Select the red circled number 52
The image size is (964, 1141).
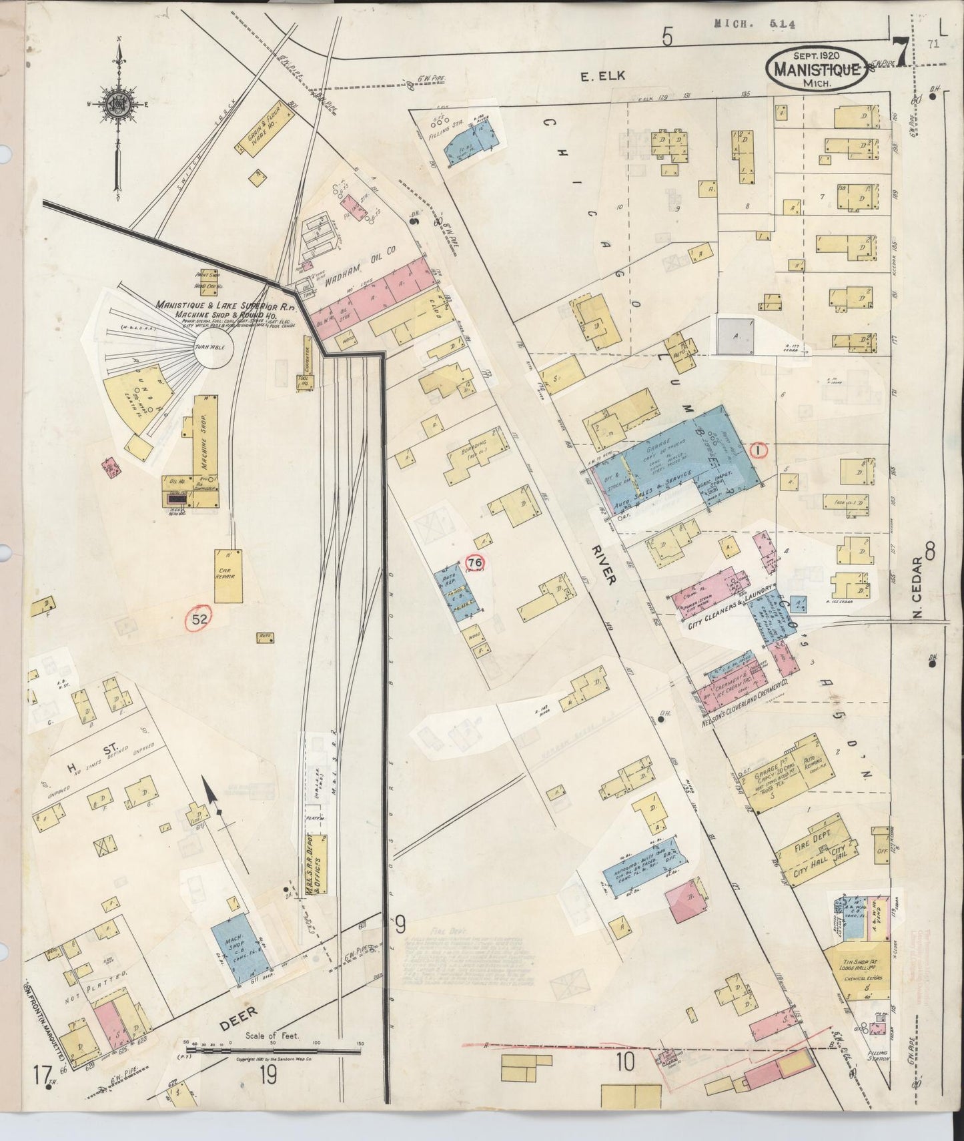[x=199, y=619]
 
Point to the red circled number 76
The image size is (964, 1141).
[x=475, y=562]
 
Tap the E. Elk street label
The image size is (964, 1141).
[x=602, y=76]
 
